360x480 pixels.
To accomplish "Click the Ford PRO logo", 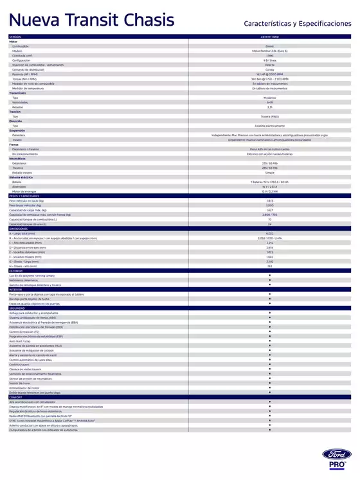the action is click(x=337, y=458).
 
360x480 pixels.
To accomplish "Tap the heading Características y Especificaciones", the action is click(x=298, y=23).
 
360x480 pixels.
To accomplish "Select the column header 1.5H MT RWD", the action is click(x=269, y=37).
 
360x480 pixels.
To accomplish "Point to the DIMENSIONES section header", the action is click(x=19, y=228).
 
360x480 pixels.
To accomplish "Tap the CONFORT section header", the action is click(x=16, y=397).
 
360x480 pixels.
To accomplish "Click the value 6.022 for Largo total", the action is click(x=269, y=233).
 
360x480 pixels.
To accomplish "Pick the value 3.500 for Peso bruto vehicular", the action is click(x=269, y=205).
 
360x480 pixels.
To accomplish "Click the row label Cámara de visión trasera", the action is click(x=30, y=369).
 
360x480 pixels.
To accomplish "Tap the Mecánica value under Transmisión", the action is click(x=269, y=98).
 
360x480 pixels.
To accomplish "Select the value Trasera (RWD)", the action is click(x=269, y=116).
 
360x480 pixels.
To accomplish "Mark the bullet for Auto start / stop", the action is click(x=269, y=341).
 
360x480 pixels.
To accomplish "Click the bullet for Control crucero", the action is click(x=269, y=364).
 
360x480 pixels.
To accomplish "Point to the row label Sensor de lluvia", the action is click(x=21, y=383).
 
